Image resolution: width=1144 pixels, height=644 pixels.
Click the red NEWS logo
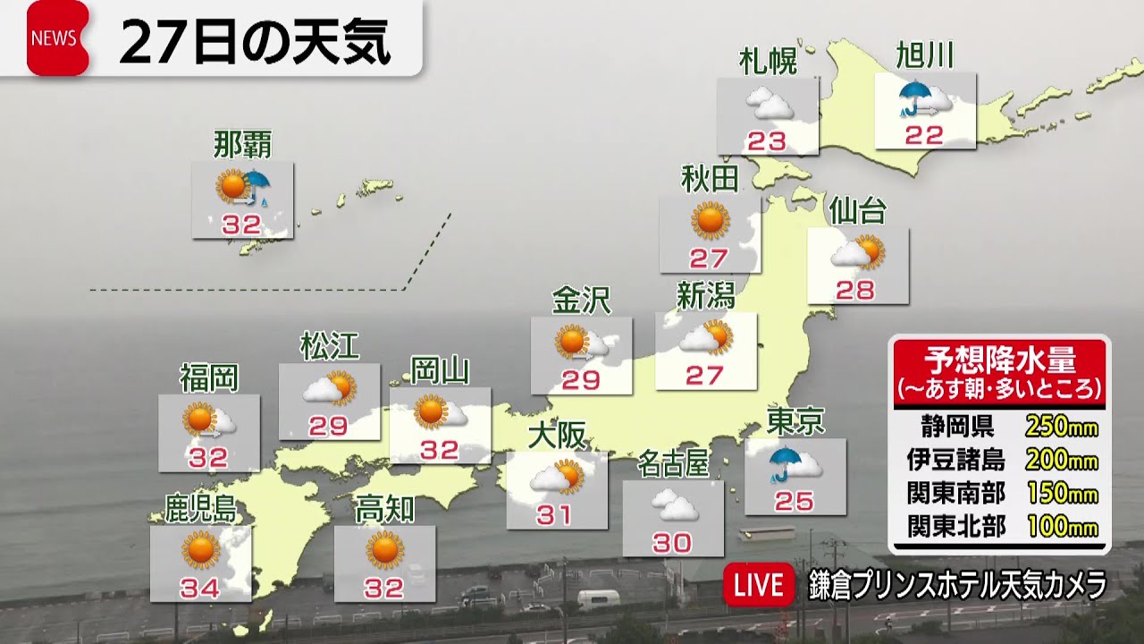coord(57,38)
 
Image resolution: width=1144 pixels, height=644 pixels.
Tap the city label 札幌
coord(767,61)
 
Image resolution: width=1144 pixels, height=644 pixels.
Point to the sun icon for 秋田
coord(711,220)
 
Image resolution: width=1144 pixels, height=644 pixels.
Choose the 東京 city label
coord(795,421)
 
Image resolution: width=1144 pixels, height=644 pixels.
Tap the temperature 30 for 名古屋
coord(672,543)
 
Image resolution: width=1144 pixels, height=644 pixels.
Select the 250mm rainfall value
coord(1061,426)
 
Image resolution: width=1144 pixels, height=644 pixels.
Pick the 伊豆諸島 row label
coord(955,460)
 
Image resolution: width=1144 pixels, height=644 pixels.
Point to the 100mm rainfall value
coord(1061,526)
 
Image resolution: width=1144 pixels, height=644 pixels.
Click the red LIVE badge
coord(758,586)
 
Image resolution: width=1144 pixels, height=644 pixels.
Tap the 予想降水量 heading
coord(999,361)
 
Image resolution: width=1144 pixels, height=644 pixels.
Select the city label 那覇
coord(242,144)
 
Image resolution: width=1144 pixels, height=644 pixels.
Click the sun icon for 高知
coord(385,549)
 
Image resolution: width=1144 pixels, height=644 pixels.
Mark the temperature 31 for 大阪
coord(555,515)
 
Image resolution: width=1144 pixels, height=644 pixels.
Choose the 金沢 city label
coord(580,301)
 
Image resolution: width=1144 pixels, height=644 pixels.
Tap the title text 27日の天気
coord(255,43)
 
